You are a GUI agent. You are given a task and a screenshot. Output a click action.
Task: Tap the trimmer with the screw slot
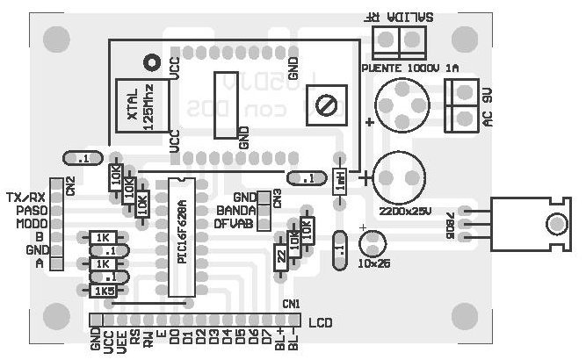(x=328, y=106)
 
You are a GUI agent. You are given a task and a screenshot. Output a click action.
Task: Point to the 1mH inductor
(x=339, y=182)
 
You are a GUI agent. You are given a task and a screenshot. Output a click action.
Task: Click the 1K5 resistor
(x=105, y=291)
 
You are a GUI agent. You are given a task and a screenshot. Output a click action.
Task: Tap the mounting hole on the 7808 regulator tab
(x=554, y=224)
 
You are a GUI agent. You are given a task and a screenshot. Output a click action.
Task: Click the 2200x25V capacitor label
(x=404, y=212)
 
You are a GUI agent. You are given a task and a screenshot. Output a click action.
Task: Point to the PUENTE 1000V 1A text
(x=409, y=68)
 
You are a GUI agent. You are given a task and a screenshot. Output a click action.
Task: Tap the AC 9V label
(x=489, y=106)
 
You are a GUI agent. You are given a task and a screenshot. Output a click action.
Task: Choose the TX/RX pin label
(x=25, y=197)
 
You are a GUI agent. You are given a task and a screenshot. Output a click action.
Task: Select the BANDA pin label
(x=235, y=211)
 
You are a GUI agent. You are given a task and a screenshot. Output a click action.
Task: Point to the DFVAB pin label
(x=234, y=224)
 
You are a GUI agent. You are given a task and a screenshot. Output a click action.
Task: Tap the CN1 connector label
(x=291, y=303)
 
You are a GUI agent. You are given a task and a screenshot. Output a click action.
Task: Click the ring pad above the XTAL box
(x=151, y=61)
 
